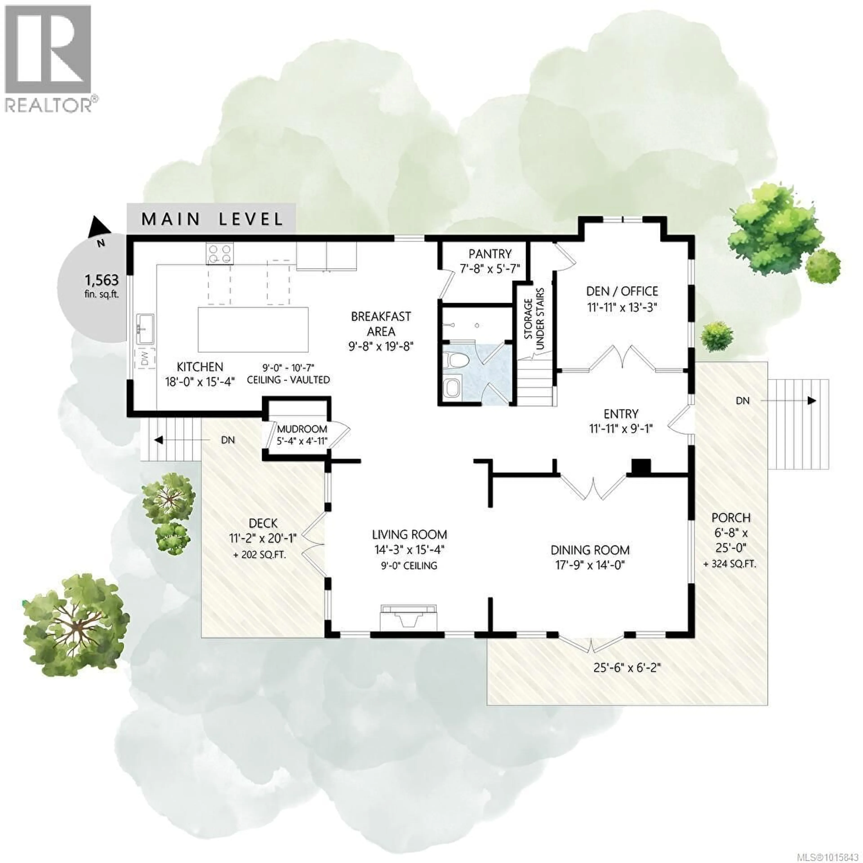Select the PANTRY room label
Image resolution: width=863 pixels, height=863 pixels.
pos(490,254)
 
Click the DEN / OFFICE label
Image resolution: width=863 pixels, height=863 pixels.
pos(622,291)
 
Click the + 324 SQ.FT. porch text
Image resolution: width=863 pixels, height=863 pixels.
pos(730,564)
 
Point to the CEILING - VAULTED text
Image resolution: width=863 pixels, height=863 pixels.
pos(289,380)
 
